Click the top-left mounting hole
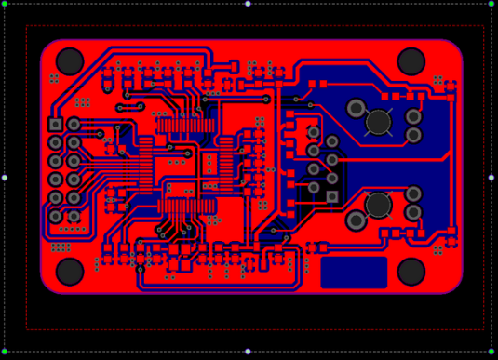(x=70, y=61)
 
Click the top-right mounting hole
(x=411, y=61)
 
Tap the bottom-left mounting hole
(x=70, y=272)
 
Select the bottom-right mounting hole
(x=411, y=272)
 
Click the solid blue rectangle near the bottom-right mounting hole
(x=354, y=273)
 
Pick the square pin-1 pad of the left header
(x=56, y=125)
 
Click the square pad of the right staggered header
(x=332, y=196)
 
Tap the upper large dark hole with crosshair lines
(x=378, y=122)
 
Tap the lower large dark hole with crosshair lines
(x=378, y=205)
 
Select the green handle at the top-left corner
(x=4, y=4)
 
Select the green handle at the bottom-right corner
(x=491, y=352)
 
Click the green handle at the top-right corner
(x=491, y=4)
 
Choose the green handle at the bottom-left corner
(x=4, y=352)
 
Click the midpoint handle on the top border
(x=248, y=4)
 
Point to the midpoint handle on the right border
(x=491, y=178)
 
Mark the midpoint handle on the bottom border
(x=248, y=352)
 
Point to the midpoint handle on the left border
(x=4, y=178)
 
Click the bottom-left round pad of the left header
(x=56, y=216)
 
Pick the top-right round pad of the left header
(x=74, y=125)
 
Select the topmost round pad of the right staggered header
(x=314, y=132)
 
